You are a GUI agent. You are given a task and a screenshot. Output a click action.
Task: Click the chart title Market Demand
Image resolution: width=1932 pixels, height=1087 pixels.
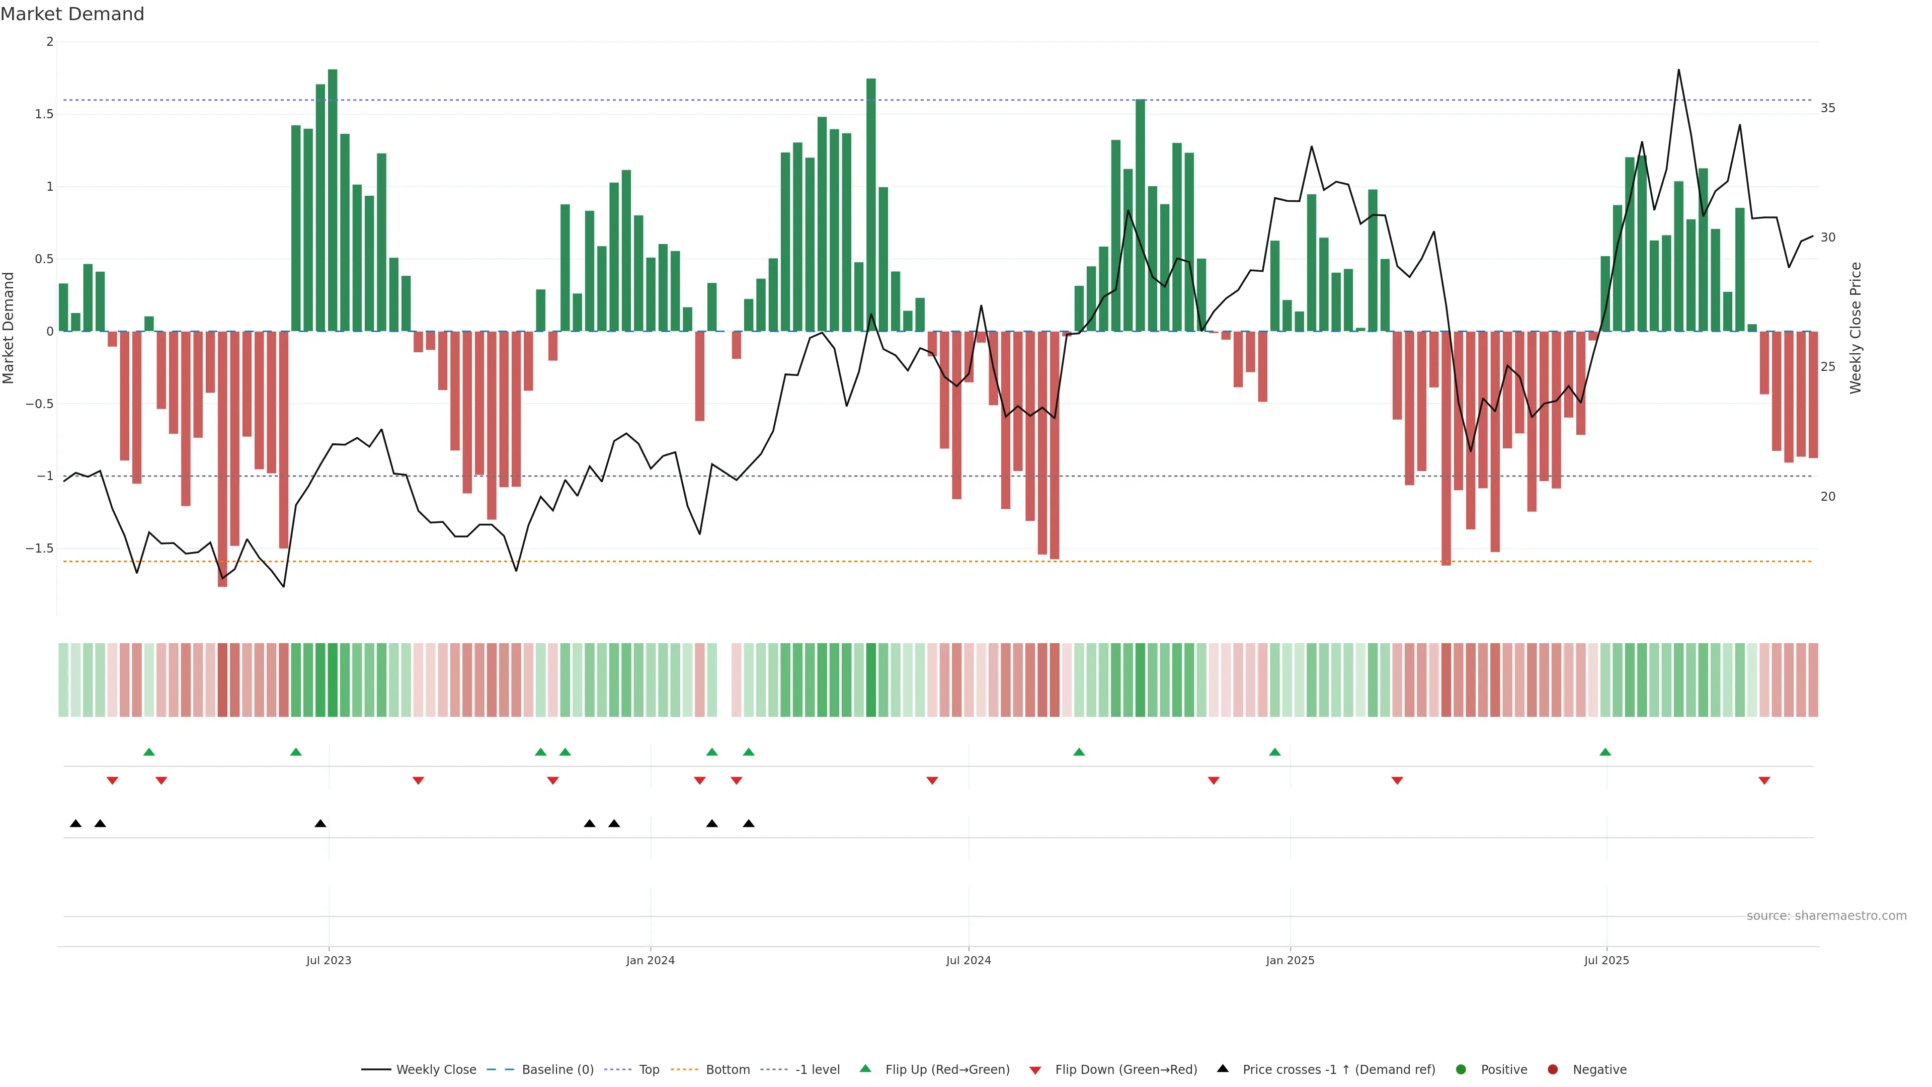(72, 14)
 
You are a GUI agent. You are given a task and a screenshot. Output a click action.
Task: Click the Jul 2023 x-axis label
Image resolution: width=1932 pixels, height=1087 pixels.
(329, 960)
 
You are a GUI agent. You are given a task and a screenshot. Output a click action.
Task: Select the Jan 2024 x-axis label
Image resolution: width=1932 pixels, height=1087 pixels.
(650, 960)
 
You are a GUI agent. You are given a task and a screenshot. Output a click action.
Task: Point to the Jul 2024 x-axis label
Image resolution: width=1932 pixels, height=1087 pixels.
(968, 960)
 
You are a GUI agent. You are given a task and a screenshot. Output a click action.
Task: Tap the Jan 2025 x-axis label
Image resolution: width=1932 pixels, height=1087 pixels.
(1290, 960)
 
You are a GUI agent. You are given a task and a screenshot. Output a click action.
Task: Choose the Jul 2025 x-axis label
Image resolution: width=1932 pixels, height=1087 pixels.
(1606, 960)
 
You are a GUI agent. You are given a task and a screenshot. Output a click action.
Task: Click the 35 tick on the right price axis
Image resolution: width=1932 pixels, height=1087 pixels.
(1828, 108)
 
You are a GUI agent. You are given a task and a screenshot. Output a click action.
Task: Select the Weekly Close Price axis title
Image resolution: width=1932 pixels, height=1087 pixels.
(1856, 328)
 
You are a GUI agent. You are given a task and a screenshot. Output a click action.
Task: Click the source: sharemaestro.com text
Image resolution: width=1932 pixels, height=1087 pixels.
(1826, 916)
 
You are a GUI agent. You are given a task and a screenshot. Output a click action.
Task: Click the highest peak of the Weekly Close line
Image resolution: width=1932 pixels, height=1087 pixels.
(1678, 70)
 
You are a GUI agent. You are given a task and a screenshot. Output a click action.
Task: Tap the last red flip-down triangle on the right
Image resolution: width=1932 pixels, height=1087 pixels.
(1764, 781)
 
